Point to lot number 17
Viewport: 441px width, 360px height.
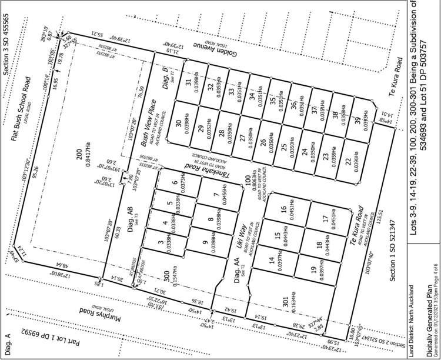tap(325, 219)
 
